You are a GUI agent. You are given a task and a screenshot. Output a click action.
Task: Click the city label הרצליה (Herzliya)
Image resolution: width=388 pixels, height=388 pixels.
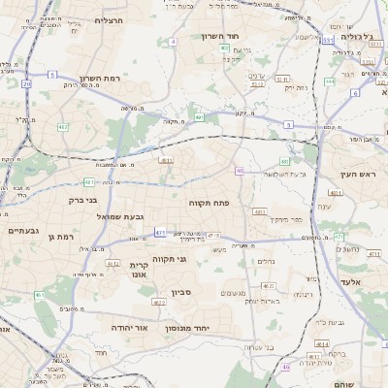(109, 19)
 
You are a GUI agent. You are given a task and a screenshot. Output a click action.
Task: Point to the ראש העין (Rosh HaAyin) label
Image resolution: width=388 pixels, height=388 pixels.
(357, 174)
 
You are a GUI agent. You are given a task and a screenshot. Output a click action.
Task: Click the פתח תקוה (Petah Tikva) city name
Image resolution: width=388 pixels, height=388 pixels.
(208, 203)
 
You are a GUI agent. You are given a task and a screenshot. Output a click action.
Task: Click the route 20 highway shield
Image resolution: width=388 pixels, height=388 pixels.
(26, 84)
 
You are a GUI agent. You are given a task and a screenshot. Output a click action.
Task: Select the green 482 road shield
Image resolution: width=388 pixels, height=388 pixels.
(62, 127)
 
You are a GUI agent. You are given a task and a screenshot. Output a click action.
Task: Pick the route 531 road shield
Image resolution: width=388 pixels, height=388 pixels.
(328, 41)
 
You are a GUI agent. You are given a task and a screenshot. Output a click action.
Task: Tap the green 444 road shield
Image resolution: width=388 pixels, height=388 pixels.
(330, 81)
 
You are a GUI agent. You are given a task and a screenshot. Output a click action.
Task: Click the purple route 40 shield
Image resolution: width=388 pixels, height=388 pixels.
(239, 171)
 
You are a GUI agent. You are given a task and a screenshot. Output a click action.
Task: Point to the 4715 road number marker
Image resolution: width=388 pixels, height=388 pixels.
(213, 236)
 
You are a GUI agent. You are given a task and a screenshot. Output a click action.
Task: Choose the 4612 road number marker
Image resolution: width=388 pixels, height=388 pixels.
(113, 263)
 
